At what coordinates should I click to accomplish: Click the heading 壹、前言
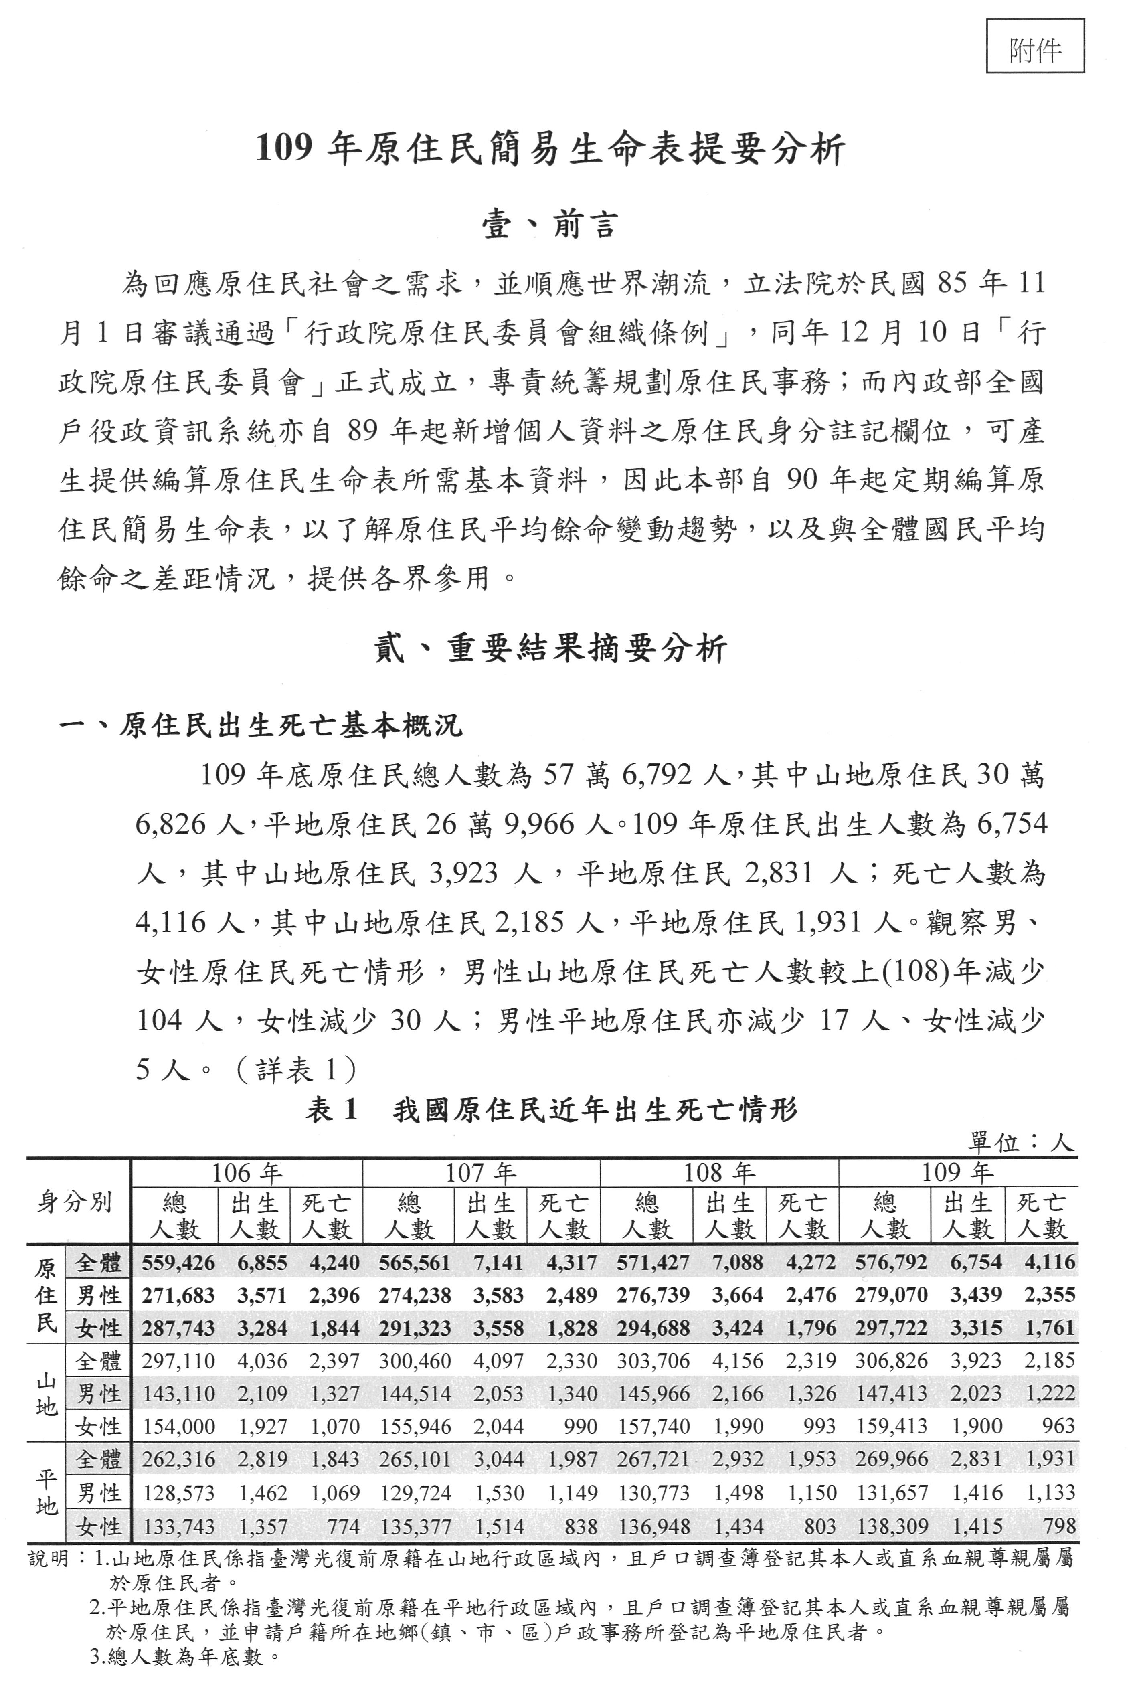550,225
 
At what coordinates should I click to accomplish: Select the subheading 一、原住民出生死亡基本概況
261,725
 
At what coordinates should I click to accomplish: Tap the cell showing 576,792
890,1263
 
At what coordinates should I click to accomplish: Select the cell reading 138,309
890,1527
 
